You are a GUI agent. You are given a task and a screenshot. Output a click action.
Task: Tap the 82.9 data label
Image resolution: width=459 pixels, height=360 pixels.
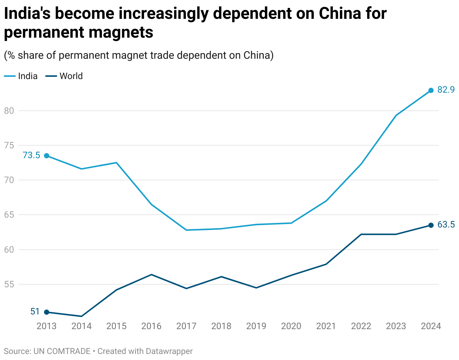click(x=446, y=90)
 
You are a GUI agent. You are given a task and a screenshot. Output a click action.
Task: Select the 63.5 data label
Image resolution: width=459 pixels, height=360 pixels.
click(x=446, y=225)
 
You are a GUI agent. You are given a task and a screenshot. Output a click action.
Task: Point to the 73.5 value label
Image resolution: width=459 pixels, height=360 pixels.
click(x=31, y=155)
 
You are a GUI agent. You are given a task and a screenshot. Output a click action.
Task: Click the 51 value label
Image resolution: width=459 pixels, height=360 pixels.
click(x=35, y=311)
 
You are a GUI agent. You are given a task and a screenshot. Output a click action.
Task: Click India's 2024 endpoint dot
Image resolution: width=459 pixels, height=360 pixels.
click(x=431, y=90)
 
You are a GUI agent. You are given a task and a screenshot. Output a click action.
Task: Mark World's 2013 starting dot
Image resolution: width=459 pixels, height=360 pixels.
click(x=47, y=312)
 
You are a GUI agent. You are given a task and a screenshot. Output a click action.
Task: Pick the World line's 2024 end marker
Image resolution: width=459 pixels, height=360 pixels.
click(x=431, y=225)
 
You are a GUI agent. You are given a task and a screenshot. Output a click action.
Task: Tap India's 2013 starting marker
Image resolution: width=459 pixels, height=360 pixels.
click(x=47, y=156)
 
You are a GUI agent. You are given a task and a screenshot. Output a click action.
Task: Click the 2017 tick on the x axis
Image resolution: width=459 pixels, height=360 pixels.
click(x=186, y=326)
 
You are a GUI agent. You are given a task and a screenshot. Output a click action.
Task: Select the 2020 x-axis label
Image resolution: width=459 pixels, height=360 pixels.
click(x=291, y=326)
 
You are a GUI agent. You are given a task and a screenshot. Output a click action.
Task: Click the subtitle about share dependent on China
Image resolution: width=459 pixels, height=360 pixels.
click(x=138, y=55)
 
